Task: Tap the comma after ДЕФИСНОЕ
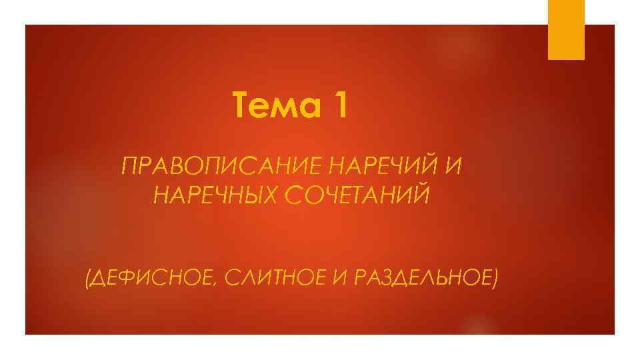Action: click(213, 281)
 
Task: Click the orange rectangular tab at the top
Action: click(566, 29)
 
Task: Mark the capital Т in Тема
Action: click(243, 107)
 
